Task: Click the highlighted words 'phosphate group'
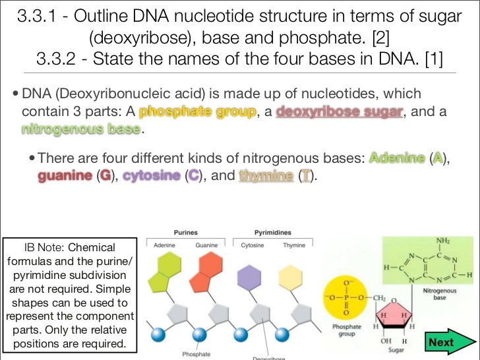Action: point(197,112)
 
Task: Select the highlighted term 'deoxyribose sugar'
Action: point(340,112)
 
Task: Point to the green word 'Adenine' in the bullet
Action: point(396,159)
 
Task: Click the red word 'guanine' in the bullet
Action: point(64,176)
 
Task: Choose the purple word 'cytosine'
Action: point(152,176)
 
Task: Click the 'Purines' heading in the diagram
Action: point(186,233)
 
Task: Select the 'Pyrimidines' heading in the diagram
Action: point(273,233)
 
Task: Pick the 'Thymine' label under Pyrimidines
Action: point(294,245)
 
